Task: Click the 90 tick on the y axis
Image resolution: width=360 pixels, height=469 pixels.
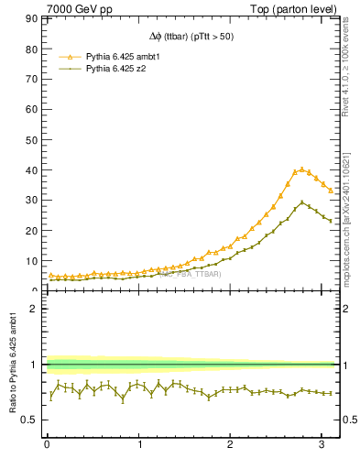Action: pyautogui.click(x=35, y=18)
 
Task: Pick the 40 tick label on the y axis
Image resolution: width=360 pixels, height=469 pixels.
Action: pyautogui.click(x=35, y=170)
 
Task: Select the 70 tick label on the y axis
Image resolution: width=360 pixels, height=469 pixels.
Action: pyautogui.click(x=35, y=79)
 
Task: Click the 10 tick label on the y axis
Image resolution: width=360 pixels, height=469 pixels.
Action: pyautogui.click(x=35, y=261)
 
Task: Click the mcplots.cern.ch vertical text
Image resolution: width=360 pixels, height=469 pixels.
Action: pyautogui.click(x=349, y=220)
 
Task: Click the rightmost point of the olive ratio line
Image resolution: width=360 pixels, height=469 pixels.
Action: pyautogui.click(x=331, y=393)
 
